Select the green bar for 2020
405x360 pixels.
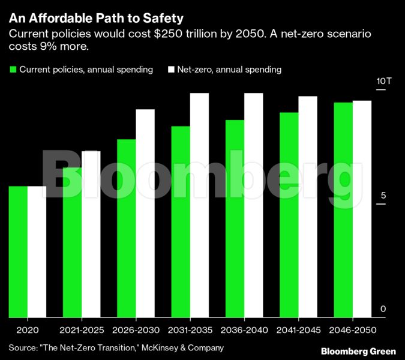[18, 251]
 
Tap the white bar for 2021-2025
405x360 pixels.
[91, 234]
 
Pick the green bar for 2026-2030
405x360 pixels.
[127, 228]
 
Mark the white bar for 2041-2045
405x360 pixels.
[308, 206]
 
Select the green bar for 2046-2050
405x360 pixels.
[343, 209]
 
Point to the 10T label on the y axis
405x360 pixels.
[384, 82]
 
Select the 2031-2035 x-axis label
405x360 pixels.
[190, 331]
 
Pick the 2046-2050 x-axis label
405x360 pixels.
[352, 331]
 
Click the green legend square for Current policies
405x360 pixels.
[13, 70]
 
